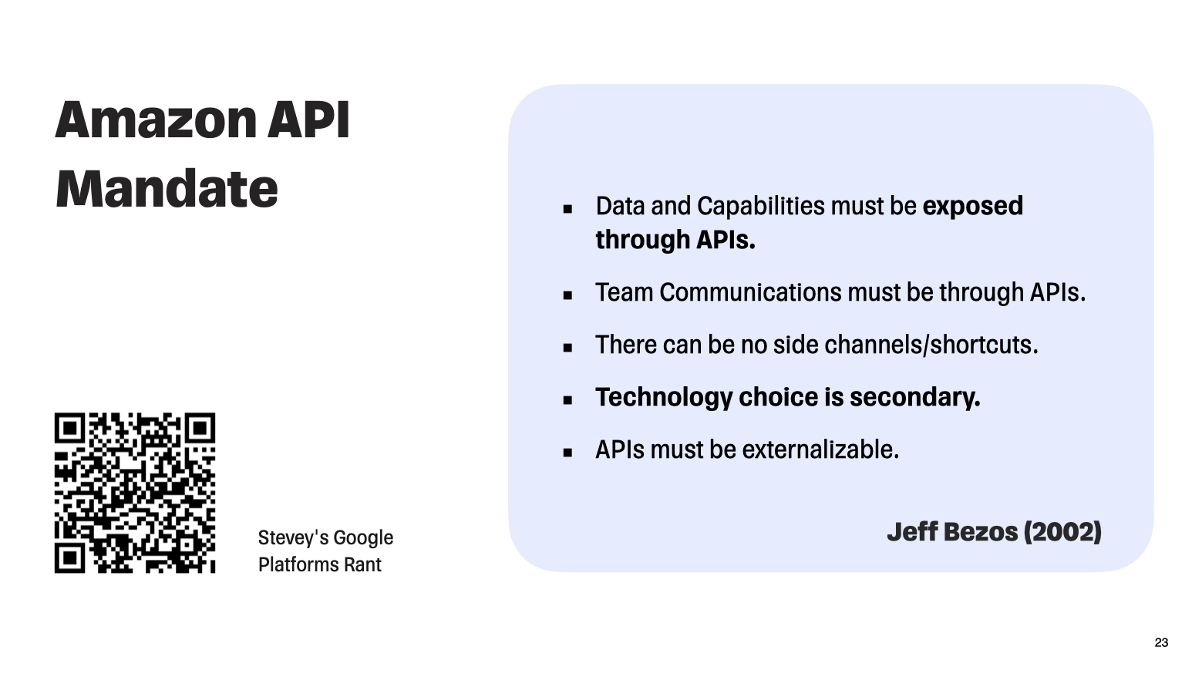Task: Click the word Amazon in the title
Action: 157,120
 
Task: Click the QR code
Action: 135,493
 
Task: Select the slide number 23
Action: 1161,642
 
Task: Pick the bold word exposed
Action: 972,207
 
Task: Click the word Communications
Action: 750,292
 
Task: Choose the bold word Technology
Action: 664,398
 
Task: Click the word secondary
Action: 915,398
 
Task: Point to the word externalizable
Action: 820,450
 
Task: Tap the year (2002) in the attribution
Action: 1062,532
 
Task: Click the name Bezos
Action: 981,532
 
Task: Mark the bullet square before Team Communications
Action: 567,295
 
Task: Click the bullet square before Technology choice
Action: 567,399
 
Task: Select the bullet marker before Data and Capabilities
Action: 567,209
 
